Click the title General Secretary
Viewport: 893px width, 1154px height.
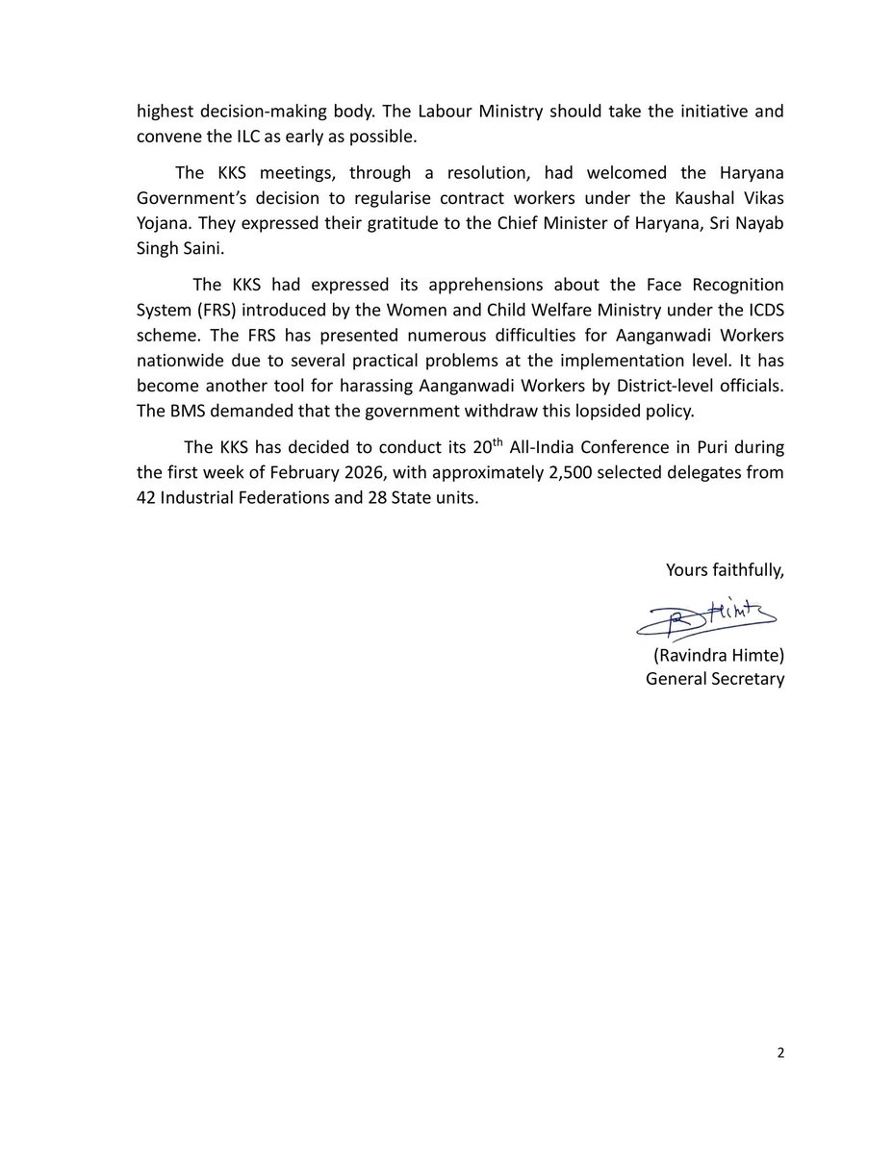pyautogui.click(x=715, y=679)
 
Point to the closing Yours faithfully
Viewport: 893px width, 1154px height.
pyautogui.click(x=725, y=570)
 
